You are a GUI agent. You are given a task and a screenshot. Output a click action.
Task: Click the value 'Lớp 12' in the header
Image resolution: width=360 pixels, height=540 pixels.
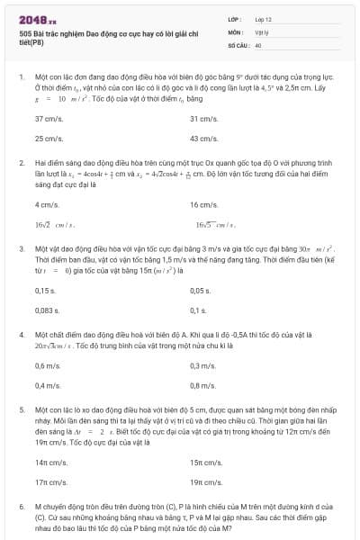coord(262,19)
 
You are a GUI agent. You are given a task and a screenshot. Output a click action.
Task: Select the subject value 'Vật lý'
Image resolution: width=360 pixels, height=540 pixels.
coord(260,31)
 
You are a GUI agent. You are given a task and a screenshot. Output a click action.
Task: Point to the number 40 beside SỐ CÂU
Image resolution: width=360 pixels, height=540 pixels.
coord(258,44)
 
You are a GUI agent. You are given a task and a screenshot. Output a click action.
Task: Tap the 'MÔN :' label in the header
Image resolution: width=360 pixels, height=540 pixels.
coord(237,31)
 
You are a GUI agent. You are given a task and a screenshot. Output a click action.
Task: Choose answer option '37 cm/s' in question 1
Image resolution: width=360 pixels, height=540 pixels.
coord(48,119)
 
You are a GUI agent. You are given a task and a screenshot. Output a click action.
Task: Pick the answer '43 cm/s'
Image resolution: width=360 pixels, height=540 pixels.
coord(203,139)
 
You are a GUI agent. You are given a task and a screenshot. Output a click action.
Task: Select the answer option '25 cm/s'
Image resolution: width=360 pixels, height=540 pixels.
coord(48,139)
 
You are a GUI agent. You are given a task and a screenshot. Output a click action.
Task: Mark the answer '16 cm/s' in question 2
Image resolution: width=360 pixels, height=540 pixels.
coord(203,204)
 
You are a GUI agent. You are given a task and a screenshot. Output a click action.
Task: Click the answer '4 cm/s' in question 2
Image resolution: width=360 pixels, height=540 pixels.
coord(46,204)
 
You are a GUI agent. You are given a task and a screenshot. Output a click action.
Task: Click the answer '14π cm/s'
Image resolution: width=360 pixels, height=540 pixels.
coord(51,463)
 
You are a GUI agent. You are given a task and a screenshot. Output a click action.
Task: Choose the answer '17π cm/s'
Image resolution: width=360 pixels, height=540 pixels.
coord(51,482)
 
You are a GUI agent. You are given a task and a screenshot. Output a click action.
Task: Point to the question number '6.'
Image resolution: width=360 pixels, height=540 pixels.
coord(22,508)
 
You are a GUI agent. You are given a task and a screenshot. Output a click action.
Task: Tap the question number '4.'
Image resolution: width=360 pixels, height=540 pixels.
coord(22,334)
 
